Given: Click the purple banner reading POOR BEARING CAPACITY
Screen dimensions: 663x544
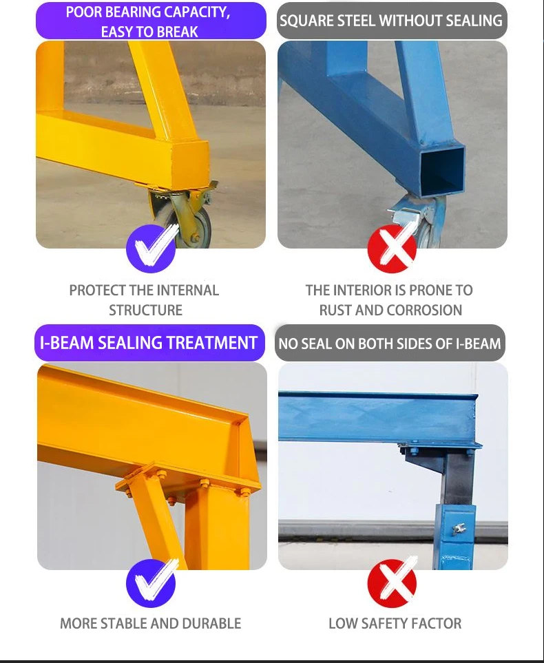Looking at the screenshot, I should pos(150,21).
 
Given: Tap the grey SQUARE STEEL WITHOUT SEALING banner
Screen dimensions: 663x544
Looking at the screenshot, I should pos(391,21).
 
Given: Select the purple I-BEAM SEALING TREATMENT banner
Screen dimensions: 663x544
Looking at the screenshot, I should pos(149,343).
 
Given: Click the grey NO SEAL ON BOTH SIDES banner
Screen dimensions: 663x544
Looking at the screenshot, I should pos(390,343).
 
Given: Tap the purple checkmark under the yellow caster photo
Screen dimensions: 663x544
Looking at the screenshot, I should pos(151,249).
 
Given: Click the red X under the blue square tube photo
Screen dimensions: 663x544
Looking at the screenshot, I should pos(392,249).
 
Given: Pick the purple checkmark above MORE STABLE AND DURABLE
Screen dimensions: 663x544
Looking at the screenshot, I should pos(151,583).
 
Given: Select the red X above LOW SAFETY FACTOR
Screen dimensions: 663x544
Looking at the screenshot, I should pos(392,583).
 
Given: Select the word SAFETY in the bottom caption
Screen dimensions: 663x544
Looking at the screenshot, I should pos(386,624).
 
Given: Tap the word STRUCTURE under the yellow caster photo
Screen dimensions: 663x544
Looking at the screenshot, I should pos(145,311).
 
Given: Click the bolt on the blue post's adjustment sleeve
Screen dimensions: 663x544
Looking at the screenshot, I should pos(455,529).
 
